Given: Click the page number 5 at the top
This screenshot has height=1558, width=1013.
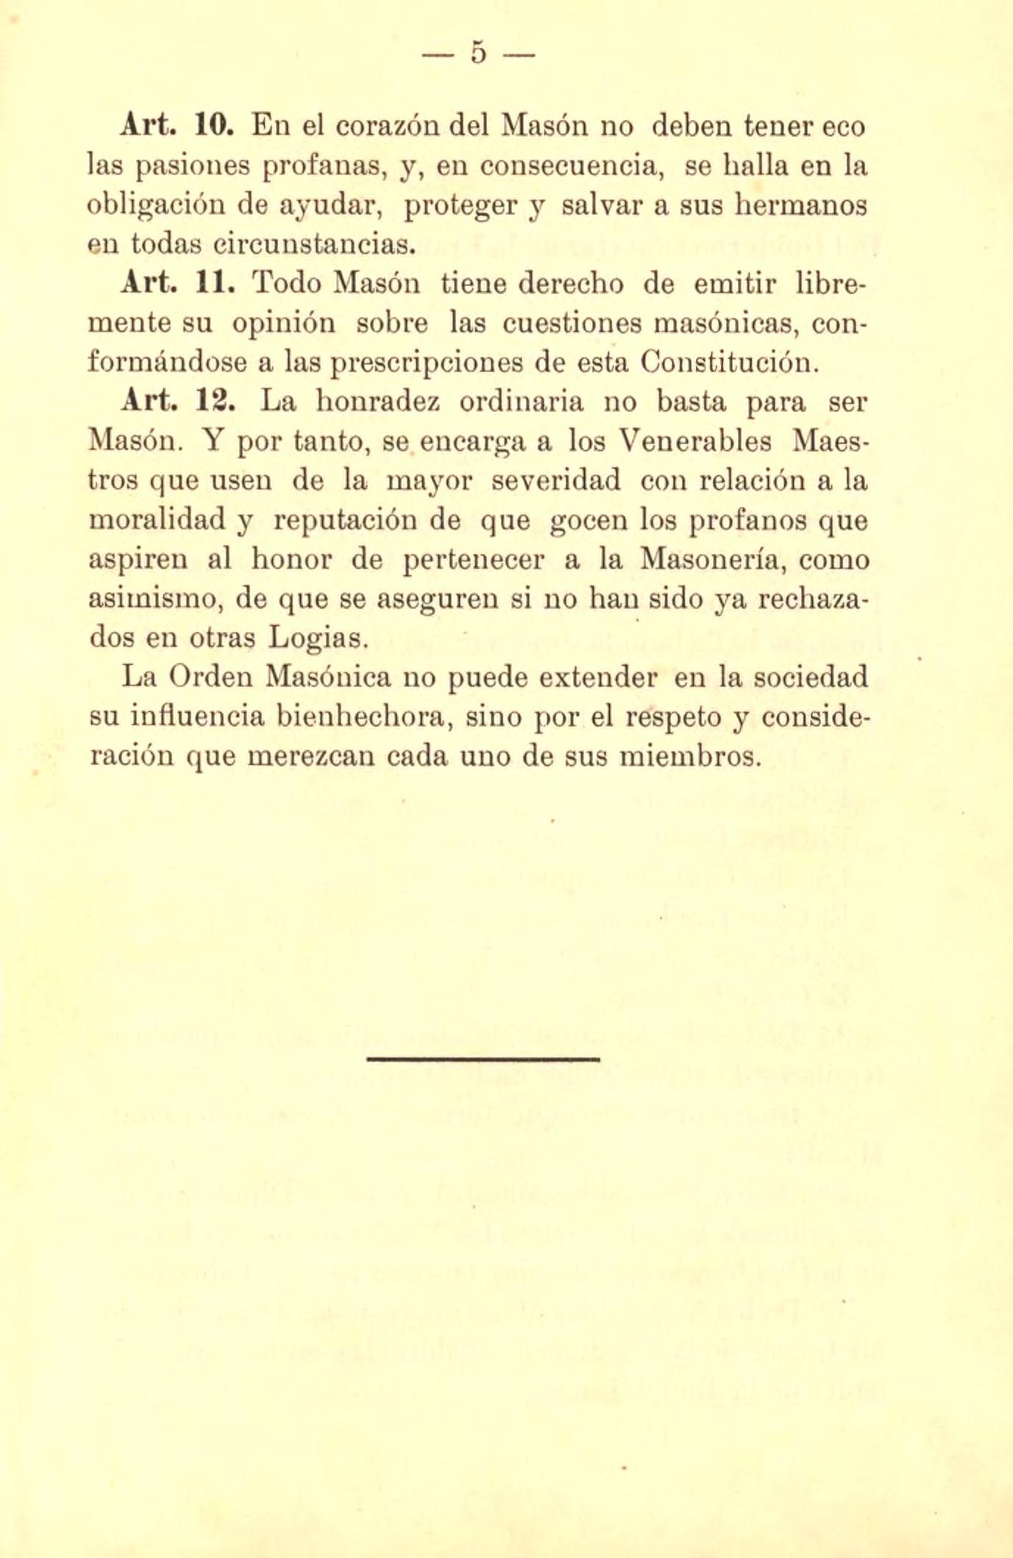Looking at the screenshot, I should click(479, 54).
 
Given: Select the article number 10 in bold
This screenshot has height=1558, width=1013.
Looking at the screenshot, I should click(214, 127).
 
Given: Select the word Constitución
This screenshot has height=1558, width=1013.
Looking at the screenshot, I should click(728, 363).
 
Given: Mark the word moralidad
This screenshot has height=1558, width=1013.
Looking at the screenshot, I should click(157, 520).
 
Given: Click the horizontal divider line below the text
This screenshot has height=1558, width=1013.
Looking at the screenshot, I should click(483, 1059).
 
